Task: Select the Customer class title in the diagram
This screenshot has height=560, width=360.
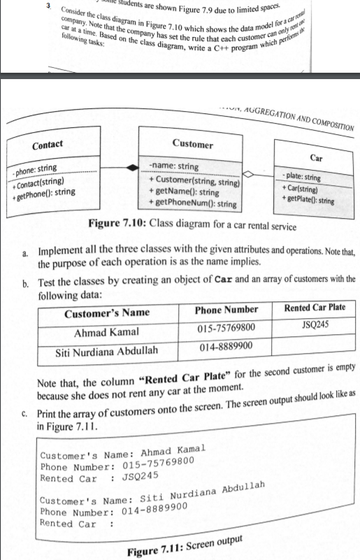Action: pos(192,144)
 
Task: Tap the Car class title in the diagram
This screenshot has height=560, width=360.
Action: pos(316,158)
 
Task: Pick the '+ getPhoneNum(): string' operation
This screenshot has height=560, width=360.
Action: pos(192,203)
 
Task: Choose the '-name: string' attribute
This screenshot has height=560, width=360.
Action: pos(173,166)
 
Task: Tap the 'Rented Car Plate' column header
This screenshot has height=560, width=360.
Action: pos(314,309)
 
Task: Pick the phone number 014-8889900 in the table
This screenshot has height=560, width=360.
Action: pos(226,346)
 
